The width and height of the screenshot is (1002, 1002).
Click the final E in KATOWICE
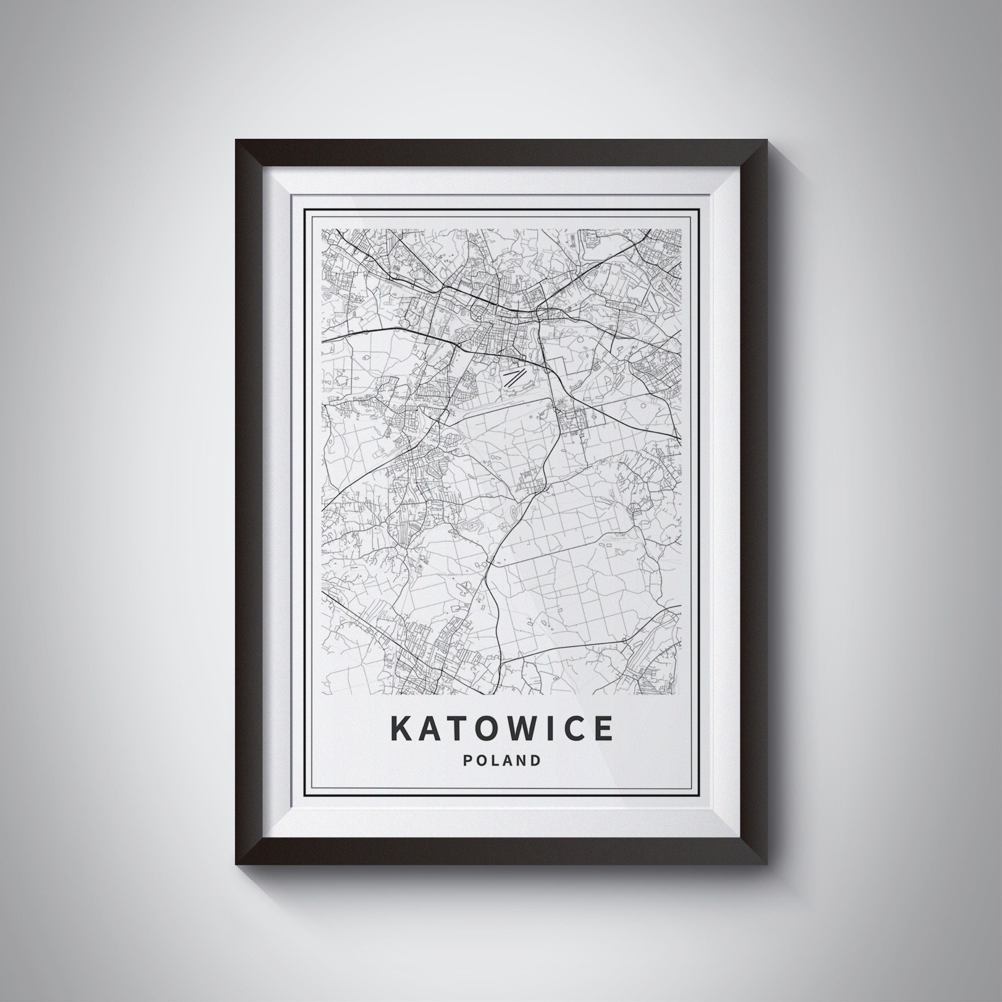[x=602, y=728]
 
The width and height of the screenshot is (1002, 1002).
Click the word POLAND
[x=501, y=761]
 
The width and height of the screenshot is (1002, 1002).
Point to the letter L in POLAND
[x=494, y=761]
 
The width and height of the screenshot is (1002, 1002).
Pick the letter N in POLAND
[x=521, y=761]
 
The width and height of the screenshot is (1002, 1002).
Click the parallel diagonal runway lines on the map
[x=515, y=377]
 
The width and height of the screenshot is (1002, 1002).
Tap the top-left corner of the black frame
[x=236, y=140]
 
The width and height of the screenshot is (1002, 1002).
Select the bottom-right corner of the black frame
[x=767, y=864]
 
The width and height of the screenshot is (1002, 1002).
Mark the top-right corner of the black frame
[x=767, y=140]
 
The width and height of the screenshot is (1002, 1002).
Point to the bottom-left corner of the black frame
[x=236, y=864]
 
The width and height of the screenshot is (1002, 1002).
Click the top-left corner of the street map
[x=322, y=229]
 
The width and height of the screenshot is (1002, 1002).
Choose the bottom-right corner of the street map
[x=680, y=694]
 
